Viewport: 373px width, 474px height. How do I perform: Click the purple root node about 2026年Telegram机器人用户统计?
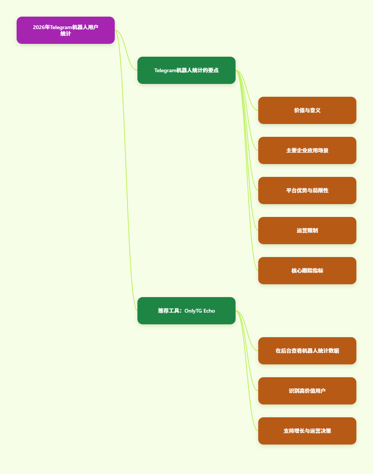pos(66,30)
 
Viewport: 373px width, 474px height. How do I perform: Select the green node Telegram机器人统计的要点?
pos(186,70)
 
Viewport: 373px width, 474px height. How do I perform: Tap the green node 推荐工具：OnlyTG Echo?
pos(186,311)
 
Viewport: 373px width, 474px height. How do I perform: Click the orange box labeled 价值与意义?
pos(307,110)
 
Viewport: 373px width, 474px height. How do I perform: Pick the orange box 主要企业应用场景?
pos(307,150)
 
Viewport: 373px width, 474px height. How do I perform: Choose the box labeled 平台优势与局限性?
pos(307,191)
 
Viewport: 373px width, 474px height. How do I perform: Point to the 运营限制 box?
pos(307,231)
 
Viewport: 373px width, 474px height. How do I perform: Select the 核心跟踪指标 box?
pos(307,271)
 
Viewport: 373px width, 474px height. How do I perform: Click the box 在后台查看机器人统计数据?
pos(307,351)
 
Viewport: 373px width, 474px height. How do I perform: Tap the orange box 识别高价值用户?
pos(307,391)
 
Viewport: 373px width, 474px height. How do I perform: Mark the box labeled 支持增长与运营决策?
pos(307,431)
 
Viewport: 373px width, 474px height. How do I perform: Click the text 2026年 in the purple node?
pos(42,27)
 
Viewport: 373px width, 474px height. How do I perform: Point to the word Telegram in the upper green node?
pos(165,70)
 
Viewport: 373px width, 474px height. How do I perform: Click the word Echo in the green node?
pos(209,311)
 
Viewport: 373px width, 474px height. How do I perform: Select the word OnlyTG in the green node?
pos(193,311)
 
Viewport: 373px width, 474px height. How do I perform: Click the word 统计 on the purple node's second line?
pos(66,34)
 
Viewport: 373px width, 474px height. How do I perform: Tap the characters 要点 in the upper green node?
pos(213,70)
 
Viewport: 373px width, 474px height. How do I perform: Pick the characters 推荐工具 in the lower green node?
pos(168,311)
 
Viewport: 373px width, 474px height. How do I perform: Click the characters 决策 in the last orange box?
pos(326,431)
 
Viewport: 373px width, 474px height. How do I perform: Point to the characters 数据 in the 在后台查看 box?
pos(334,351)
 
